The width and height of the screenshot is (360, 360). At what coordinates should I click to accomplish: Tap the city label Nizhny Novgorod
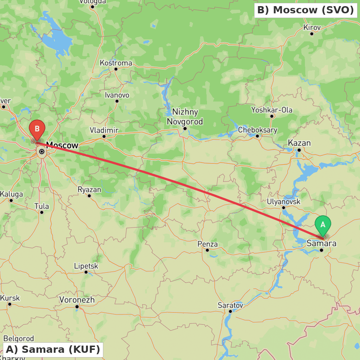[185, 117]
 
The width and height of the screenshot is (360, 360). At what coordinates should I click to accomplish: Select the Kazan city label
[299, 143]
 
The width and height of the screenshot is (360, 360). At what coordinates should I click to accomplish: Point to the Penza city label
[208, 244]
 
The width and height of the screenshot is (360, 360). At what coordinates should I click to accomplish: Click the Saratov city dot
[230, 311]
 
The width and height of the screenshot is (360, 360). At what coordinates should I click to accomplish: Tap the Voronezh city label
[77, 300]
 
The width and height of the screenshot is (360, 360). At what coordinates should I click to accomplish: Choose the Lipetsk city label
[86, 266]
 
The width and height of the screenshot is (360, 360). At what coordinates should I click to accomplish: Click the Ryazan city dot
[89, 196]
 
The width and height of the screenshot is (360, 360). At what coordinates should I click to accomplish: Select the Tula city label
[42, 206]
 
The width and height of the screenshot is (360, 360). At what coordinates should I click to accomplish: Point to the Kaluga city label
[11, 194]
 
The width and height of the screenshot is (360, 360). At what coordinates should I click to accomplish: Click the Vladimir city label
[104, 130]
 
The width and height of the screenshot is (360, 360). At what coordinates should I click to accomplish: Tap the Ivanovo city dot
[117, 101]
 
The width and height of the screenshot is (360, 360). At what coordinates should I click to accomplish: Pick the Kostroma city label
[116, 63]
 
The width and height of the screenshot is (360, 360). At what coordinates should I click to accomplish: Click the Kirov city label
[312, 27]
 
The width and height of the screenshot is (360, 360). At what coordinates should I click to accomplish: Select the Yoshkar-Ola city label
[272, 110]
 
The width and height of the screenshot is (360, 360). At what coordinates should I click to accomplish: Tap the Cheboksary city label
[258, 130]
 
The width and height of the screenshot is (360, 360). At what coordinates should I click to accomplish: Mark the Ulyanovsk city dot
[284, 208]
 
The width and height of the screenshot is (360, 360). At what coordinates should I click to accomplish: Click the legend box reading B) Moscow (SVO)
[306, 10]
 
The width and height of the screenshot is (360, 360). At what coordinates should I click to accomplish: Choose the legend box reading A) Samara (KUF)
[53, 349]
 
